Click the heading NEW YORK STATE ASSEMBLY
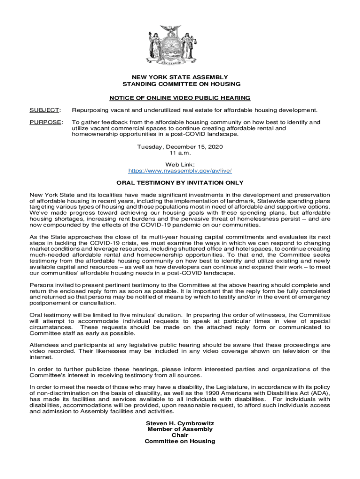180,77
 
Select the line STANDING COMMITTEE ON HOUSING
180,84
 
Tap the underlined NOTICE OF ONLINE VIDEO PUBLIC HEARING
180,98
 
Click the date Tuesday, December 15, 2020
180,146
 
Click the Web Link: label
180,164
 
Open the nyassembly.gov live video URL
180,171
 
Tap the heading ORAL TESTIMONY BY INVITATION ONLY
180,182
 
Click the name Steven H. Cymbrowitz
180,423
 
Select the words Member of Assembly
180,429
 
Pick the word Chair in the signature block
180,435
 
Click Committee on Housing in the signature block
180,441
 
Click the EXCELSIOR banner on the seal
180,62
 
